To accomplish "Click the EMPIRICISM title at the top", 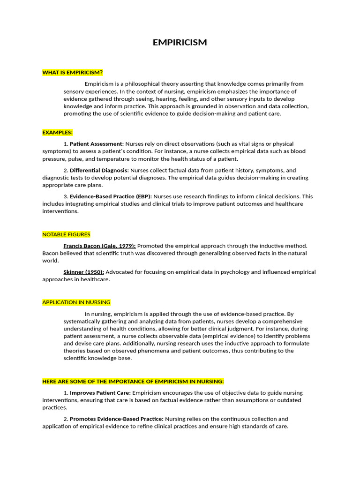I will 180,43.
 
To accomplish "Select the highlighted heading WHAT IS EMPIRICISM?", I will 72,72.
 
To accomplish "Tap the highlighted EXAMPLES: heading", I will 57,133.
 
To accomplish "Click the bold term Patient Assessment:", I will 97,144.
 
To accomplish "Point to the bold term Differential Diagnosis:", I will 99,171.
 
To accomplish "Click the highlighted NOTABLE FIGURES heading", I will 66,234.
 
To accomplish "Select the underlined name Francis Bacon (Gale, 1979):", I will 99,246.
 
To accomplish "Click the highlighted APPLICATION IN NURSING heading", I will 76,302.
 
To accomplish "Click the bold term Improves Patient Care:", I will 100,393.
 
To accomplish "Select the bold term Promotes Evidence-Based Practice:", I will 116,419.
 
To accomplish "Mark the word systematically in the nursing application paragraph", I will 83,322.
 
